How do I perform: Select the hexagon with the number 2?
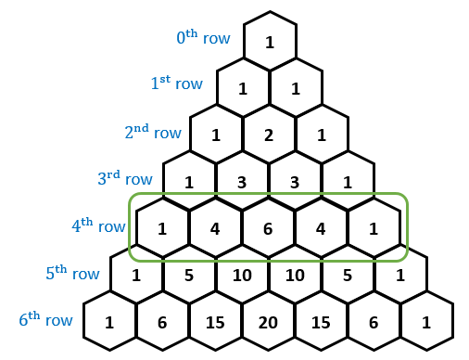[x=269, y=135]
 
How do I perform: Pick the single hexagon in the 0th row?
[x=269, y=43]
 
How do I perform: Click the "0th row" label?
[x=201, y=38]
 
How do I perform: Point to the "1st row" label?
[x=176, y=84]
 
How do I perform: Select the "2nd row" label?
[x=153, y=133]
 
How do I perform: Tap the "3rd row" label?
[x=125, y=179]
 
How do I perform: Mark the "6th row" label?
[x=45, y=320]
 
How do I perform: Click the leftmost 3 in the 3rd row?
[x=242, y=182]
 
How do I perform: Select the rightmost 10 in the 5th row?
[x=296, y=275]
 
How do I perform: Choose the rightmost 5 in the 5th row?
[x=349, y=275]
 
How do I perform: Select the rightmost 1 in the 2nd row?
[x=322, y=135]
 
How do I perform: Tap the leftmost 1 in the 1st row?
[x=243, y=89]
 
